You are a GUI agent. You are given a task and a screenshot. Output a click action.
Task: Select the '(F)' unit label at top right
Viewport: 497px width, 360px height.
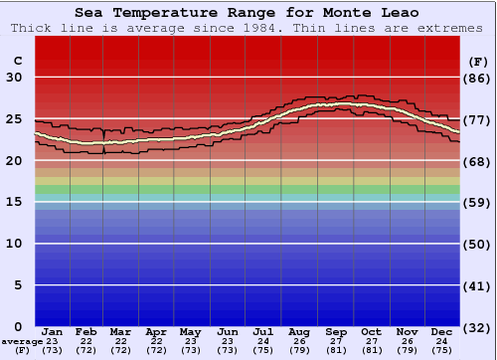click(478, 61)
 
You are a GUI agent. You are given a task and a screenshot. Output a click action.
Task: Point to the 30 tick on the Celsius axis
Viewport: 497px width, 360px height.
click(14, 78)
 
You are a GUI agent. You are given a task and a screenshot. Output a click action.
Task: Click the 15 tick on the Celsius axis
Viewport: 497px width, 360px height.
click(14, 202)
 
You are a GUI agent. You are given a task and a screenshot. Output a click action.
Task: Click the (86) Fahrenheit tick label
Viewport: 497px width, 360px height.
click(478, 78)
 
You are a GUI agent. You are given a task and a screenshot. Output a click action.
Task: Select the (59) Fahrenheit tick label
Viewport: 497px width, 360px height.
click(478, 202)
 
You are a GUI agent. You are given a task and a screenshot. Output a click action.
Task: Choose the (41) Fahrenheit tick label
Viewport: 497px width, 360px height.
click(478, 285)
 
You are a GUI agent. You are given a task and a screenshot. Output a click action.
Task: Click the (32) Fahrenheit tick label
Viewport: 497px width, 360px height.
click(478, 326)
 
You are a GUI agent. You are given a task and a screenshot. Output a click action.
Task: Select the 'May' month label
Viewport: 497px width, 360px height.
click(189, 331)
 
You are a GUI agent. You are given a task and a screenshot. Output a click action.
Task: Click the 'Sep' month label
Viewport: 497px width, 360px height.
click(335, 331)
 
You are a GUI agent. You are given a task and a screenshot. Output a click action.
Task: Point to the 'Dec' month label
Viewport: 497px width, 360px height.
click(443, 331)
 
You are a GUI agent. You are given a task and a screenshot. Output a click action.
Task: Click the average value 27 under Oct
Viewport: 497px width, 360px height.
click(371, 341)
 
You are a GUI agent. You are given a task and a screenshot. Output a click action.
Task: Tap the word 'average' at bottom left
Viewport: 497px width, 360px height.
click(21, 341)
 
